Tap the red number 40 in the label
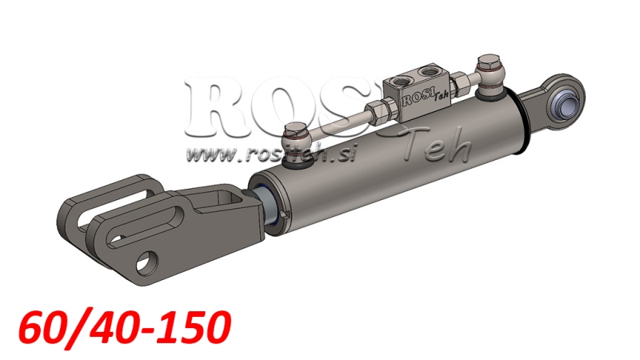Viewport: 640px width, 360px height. pos(108,329)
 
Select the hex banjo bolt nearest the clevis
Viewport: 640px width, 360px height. pos(297,131)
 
